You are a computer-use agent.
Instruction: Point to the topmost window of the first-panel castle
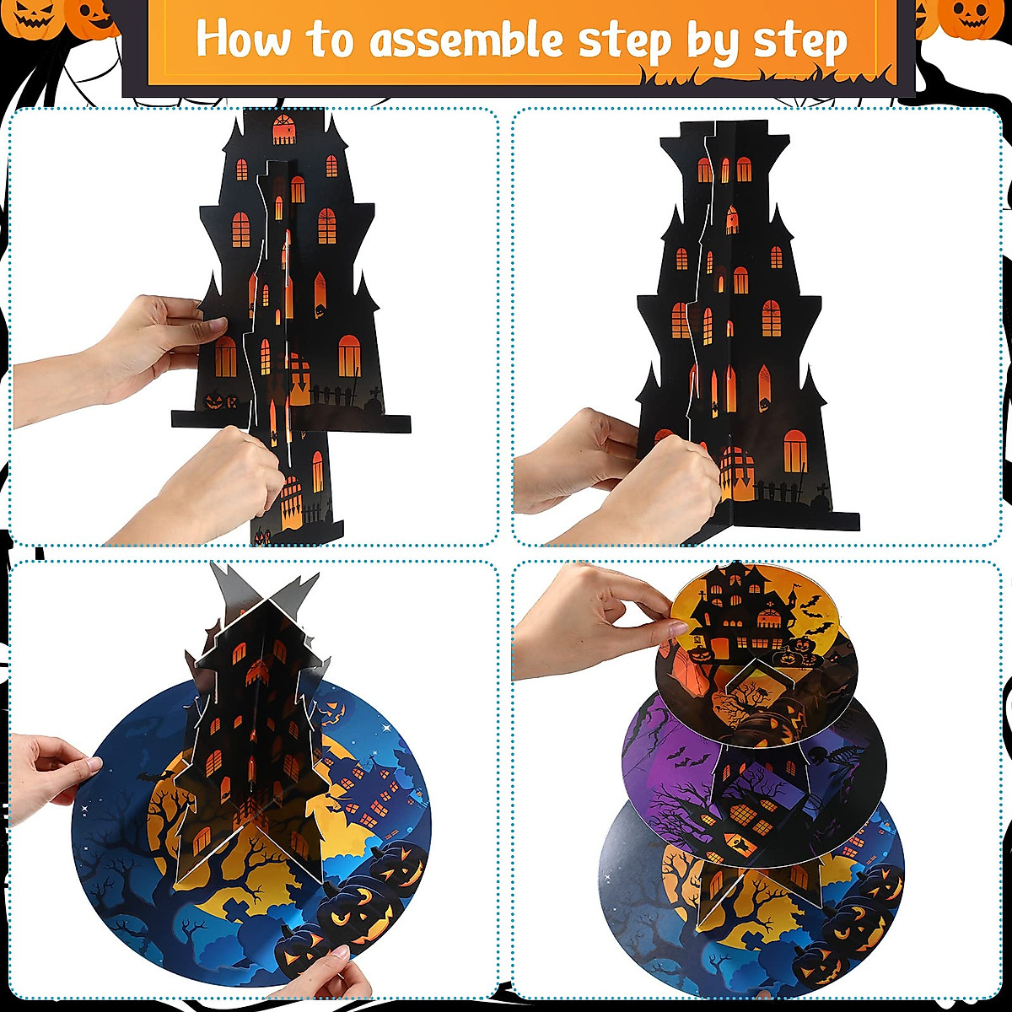coord(284,129)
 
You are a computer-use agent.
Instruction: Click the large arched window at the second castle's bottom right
coord(794,451)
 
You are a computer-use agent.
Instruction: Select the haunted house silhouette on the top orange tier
coord(742,603)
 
